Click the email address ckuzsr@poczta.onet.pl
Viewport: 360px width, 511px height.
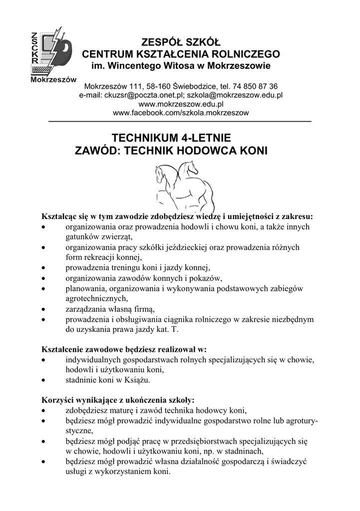[139, 95]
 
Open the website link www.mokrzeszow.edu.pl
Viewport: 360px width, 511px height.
[180, 104]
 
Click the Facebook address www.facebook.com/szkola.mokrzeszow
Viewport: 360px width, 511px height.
[180, 113]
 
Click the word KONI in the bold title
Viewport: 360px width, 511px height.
[251, 150]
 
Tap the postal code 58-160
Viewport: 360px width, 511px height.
[157, 86]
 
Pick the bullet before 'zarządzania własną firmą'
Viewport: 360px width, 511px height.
[44, 309]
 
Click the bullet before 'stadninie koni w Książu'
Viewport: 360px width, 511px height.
[44, 380]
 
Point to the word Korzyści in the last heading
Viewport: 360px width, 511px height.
[56, 400]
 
